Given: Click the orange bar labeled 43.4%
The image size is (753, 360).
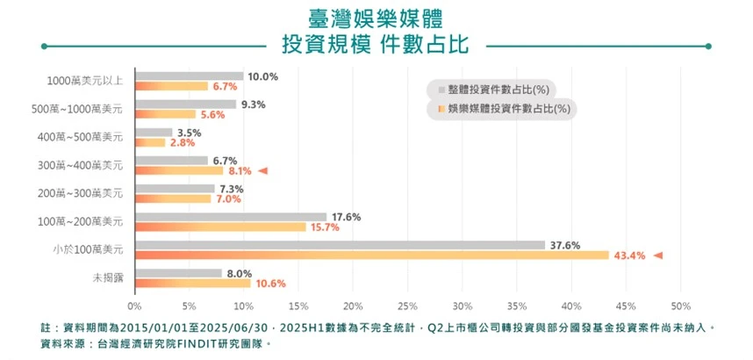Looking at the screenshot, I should (x=371, y=256).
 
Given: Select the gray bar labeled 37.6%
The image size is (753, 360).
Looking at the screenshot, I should (x=340, y=245).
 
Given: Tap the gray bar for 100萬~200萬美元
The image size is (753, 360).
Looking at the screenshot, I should (x=231, y=217).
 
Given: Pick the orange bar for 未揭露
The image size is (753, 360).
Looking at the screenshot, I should (x=192, y=284).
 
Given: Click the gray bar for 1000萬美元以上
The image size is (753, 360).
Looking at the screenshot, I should (x=189, y=76).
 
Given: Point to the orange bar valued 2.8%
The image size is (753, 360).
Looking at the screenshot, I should (x=150, y=142).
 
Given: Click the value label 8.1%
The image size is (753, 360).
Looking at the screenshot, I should (x=240, y=171).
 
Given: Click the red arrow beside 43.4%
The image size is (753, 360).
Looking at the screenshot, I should (x=658, y=256).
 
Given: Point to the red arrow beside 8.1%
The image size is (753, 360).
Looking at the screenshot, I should (x=262, y=171).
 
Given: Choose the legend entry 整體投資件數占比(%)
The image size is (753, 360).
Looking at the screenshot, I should (x=497, y=89).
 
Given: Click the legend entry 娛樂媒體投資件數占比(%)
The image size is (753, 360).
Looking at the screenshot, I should (x=503, y=110).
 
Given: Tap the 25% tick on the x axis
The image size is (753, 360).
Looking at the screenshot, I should (x=407, y=306).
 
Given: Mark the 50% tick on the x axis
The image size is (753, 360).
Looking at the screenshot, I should (x=680, y=306).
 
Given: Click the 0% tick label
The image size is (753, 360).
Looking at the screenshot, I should (x=134, y=306).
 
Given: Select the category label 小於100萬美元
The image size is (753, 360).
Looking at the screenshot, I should (x=88, y=250).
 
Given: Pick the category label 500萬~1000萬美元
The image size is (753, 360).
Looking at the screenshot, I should (x=78, y=110).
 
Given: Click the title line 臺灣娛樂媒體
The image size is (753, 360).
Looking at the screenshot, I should (x=375, y=17).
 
